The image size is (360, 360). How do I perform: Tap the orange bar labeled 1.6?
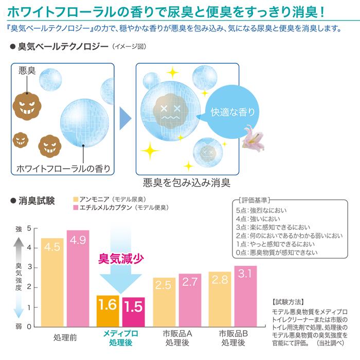point(107,311)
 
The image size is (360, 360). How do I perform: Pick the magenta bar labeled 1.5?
point(133,312)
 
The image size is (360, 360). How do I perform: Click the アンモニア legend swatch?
point(76,199)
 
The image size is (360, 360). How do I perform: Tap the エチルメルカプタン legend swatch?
point(76,207)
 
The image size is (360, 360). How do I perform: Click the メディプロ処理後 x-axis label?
point(120,337)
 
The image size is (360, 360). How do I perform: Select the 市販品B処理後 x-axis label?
point(232,337)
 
